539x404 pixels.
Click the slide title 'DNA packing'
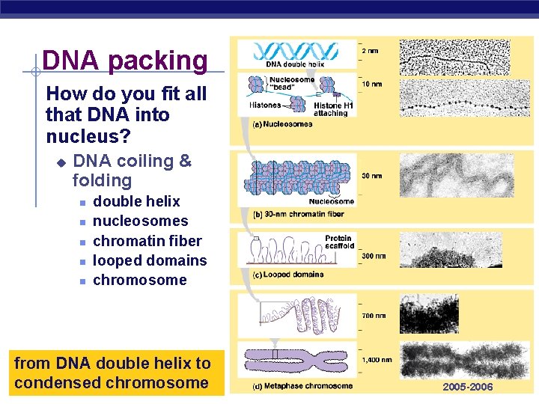click(125, 61)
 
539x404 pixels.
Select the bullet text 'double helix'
click(136, 201)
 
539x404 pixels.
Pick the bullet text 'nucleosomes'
click(140, 221)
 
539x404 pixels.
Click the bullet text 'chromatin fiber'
click(147, 241)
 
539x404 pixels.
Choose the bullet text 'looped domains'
click(149, 260)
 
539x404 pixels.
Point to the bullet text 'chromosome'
click(139, 280)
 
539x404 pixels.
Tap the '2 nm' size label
click(371, 50)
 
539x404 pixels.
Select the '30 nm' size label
click(372, 176)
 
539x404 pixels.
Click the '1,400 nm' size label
click(377, 360)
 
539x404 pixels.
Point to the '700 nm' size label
click(374, 316)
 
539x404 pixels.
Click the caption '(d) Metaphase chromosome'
click(302, 386)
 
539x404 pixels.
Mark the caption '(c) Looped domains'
click(288, 275)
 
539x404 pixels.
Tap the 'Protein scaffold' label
click(338, 242)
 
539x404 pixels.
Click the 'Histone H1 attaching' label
click(331, 109)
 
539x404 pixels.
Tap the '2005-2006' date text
click(468, 387)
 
